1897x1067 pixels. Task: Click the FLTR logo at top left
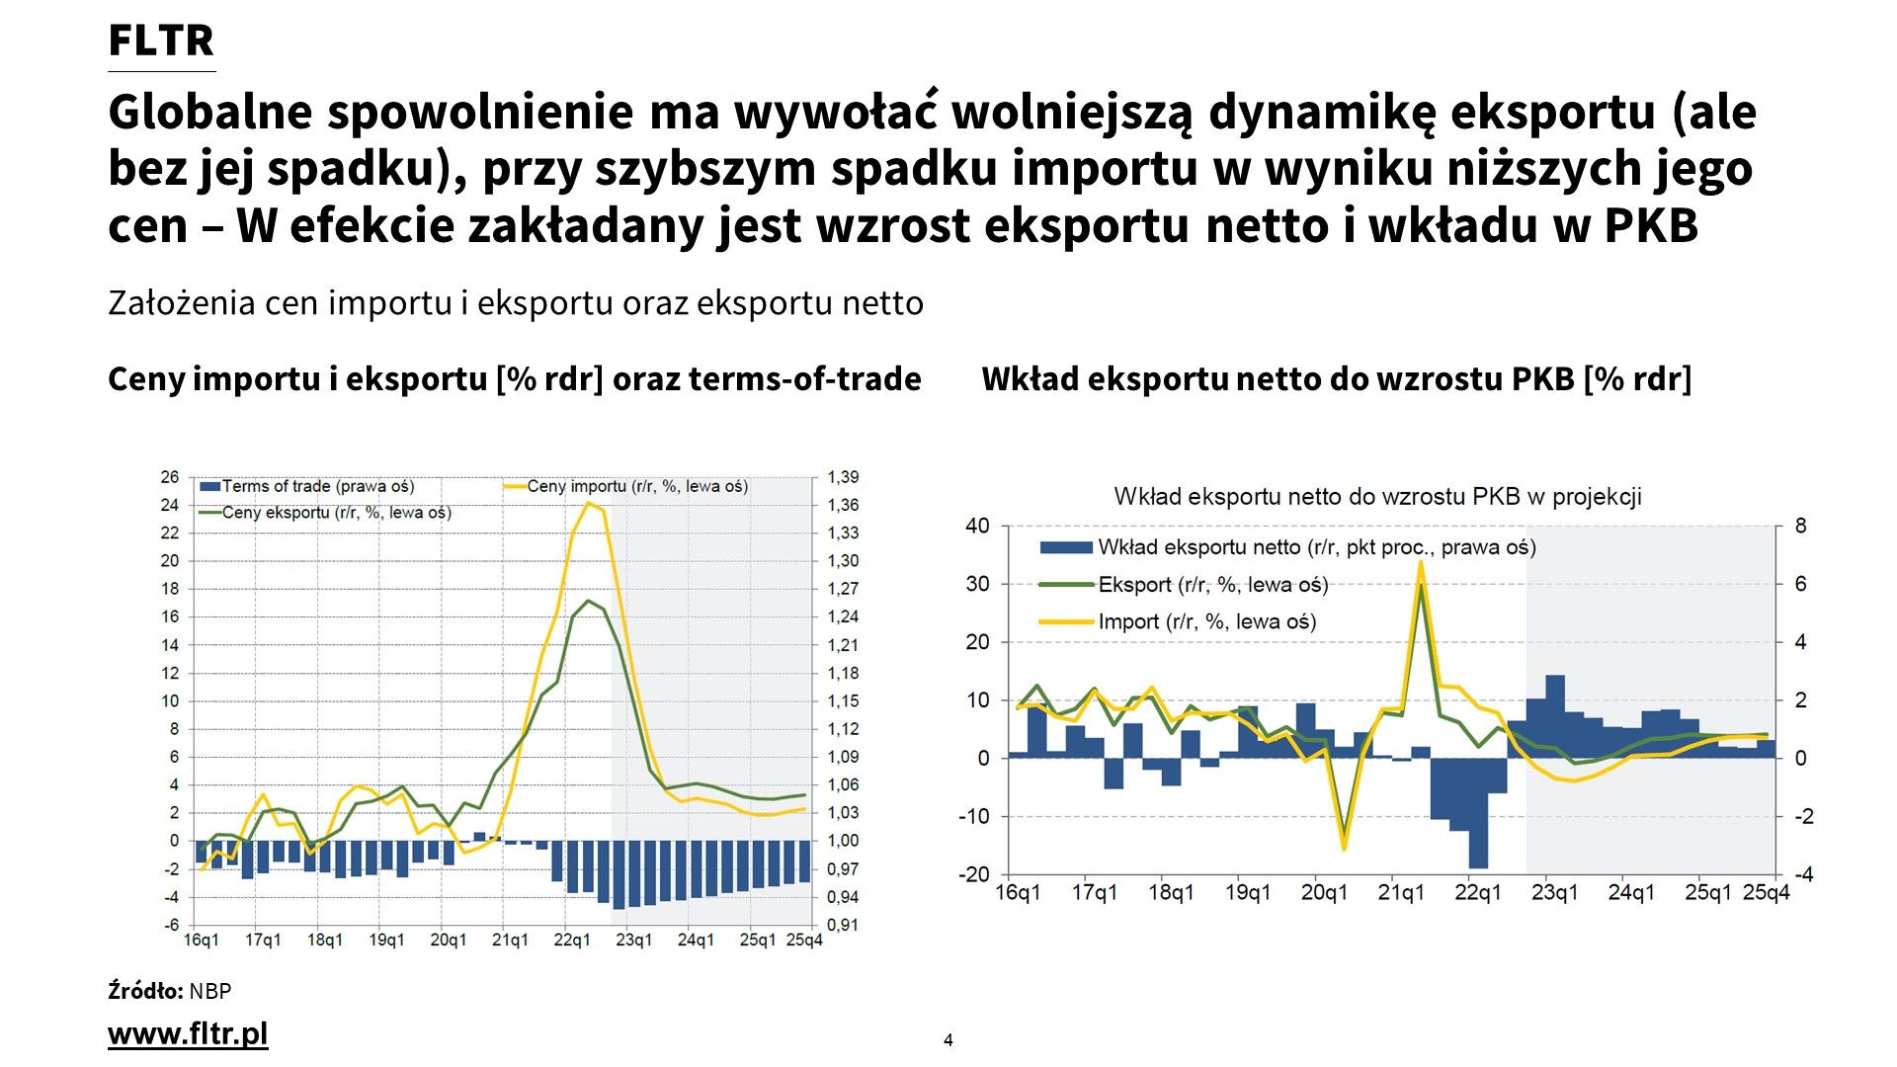click(160, 41)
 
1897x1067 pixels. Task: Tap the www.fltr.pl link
click(188, 1034)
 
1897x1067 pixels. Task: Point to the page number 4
click(948, 1040)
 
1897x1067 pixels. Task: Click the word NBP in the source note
click(210, 991)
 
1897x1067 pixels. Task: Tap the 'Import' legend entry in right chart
click(1206, 621)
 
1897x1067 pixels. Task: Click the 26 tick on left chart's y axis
click(170, 477)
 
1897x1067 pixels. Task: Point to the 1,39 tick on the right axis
click(843, 477)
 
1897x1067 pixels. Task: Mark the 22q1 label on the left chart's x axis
click(572, 940)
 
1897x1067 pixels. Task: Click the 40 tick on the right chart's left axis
click(977, 526)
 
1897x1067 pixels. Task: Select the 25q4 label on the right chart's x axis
click(1766, 893)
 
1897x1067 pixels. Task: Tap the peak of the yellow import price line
click(589, 504)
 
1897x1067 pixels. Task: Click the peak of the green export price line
click(589, 601)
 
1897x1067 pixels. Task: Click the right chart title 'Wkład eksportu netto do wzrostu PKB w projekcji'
click(1377, 497)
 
